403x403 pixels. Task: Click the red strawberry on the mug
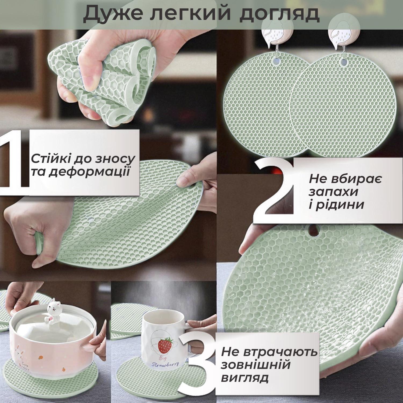coord(164,346)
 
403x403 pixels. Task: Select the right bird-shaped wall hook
coord(341,35)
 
